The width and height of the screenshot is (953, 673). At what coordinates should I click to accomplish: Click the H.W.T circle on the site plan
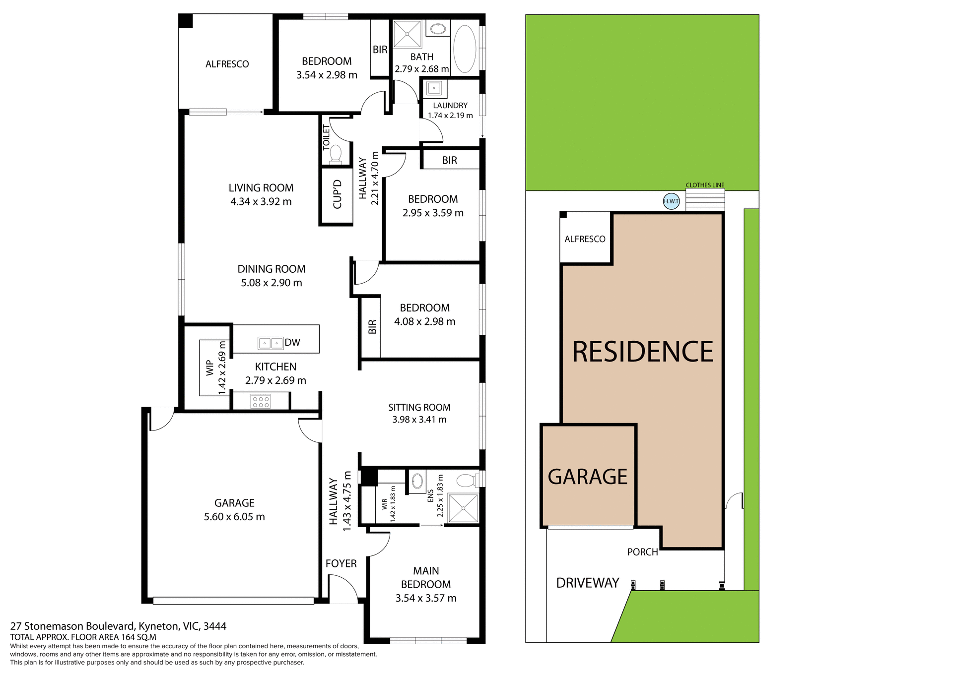(671, 201)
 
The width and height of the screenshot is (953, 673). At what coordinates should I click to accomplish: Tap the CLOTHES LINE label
(705, 185)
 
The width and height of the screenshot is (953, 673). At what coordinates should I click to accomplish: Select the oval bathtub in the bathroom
(465, 49)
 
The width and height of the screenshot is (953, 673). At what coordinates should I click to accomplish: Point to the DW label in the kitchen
(292, 342)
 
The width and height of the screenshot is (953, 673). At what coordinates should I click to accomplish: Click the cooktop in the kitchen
(261, 401)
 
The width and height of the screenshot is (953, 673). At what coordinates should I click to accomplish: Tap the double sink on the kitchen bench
(271, 343)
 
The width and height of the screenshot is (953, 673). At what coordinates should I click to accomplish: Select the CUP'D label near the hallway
(338, 194)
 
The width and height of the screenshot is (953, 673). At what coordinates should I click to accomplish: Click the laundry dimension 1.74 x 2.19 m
(450, 116)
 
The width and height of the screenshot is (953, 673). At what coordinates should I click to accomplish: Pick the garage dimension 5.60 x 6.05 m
(234, 517)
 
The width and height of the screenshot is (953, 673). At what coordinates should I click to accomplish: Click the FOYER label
(341, 563)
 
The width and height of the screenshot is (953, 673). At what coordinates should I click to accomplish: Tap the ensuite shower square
(463, 508)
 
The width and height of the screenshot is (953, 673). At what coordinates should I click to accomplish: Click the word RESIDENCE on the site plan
(642, 352)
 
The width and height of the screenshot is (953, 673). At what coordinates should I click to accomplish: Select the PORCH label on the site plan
(642, 552)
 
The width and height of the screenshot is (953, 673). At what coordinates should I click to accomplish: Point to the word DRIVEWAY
(587, 583)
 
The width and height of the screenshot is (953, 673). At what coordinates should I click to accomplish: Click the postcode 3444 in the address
(215, 626)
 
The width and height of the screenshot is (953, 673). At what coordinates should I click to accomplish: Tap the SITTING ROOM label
(419, 407)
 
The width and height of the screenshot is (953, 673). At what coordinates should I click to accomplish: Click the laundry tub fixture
(434, 89)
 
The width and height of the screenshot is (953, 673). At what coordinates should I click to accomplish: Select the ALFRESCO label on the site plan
(585, 239)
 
